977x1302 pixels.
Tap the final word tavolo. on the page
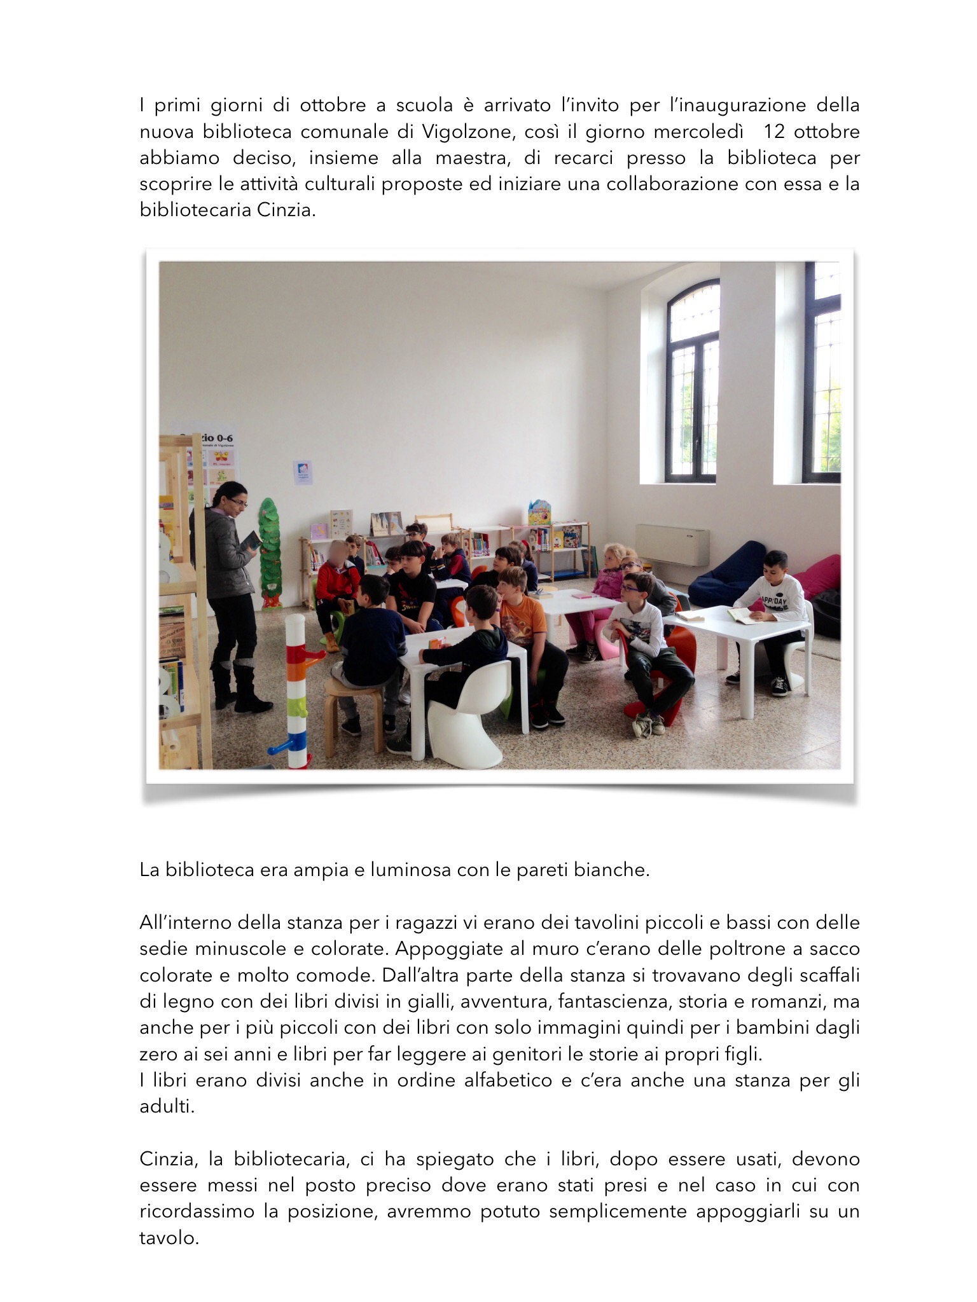[x=169, y=1238]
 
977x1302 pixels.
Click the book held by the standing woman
[x=253, y=542]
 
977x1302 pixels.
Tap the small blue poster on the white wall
[x=303, y=472]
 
